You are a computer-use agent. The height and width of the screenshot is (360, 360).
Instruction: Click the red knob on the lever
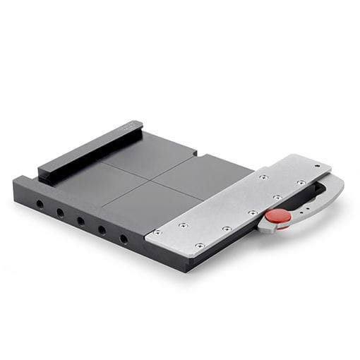point(277,215)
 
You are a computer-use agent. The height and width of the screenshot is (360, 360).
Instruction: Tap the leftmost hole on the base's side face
point(40,204)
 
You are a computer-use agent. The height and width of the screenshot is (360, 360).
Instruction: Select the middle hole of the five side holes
point(81,221)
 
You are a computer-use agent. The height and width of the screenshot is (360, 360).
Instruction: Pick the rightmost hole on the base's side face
point(124,239)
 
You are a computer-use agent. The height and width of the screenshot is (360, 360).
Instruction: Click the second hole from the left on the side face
point(60,212)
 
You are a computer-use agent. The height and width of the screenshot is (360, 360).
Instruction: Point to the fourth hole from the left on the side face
point(102,230)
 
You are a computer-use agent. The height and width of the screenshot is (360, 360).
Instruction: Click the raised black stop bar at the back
point(88,150)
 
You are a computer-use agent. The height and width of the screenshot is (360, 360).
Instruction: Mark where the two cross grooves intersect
point(151,179)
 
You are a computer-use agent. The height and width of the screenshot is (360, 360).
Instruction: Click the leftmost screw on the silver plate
point(157,232)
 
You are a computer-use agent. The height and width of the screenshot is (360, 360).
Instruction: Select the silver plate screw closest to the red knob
point(253,212)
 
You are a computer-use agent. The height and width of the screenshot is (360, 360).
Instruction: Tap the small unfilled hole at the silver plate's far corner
point(316,167)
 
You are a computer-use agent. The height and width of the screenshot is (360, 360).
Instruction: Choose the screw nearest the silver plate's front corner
point(200,245)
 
